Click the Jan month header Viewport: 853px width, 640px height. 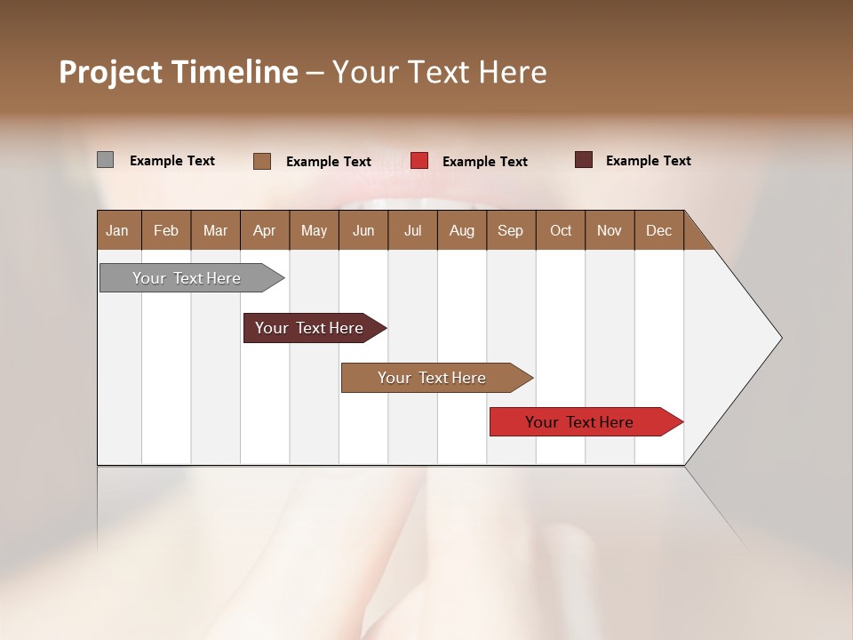point(118,230)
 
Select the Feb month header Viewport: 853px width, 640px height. point(166,230)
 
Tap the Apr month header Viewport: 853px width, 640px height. point(265,230)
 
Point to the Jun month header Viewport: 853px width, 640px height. point(363,230)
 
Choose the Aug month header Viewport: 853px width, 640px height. point(462,230)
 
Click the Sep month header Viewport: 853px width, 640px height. point(511,230)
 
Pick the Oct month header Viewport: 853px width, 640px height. point(561,230)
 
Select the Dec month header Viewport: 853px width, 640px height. point(659,230)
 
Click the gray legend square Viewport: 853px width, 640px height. point(106,160)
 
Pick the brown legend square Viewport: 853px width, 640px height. point(262,161)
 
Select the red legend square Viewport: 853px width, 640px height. point(419,161)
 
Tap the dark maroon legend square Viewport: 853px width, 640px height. point(584,160)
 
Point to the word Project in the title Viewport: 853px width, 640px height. point(110,72)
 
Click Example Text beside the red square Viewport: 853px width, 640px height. point(485,162)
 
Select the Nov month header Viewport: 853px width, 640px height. point(610,230)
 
